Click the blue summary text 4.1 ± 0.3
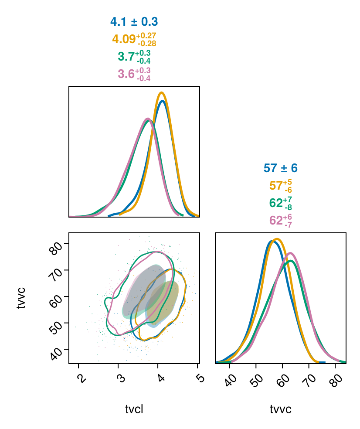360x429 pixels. [x=134, y=22]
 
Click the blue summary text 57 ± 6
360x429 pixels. [x=280, y=168]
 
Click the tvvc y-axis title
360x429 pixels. [x=21, y=298]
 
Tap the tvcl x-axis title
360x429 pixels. [x=134, y=409]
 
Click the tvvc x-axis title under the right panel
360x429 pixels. [x=281, y=409]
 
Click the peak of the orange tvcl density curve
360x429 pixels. [x=162, y=93]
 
